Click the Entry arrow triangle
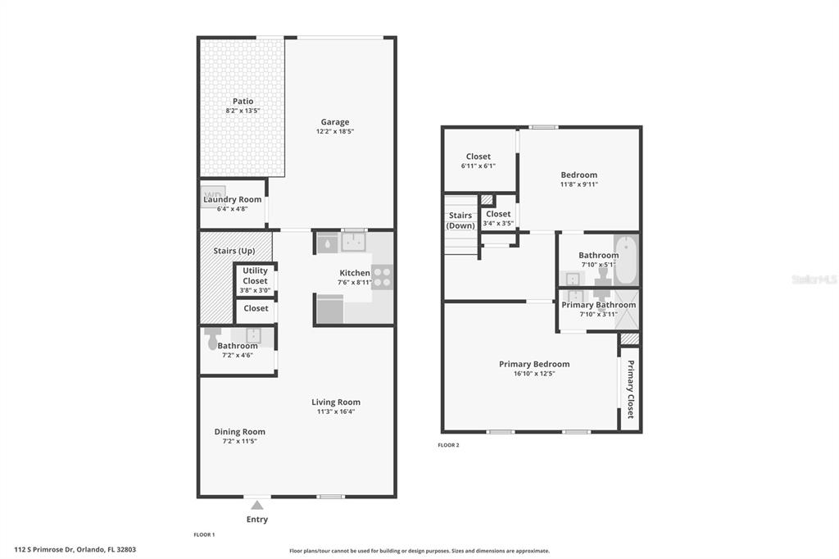[257, 505]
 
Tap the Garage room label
[335, 122]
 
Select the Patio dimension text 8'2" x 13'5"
[243, 111]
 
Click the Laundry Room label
[233, 199]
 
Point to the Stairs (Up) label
[234, 251]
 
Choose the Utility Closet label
[256, 275]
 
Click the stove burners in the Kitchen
[382, 277]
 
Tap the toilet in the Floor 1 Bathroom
[212, 337]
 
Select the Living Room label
[336, 402]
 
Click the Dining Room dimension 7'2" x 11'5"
[240, 442]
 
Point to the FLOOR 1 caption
[204, 534]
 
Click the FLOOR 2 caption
[448, 445]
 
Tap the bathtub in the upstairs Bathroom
[625, 261]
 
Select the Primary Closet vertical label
[630, 389]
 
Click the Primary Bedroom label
[534, 364]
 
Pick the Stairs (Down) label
[460, 220]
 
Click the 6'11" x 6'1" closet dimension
[478, 166]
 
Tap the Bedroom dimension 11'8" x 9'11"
[579, 184]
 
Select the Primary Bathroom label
[599, 305]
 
